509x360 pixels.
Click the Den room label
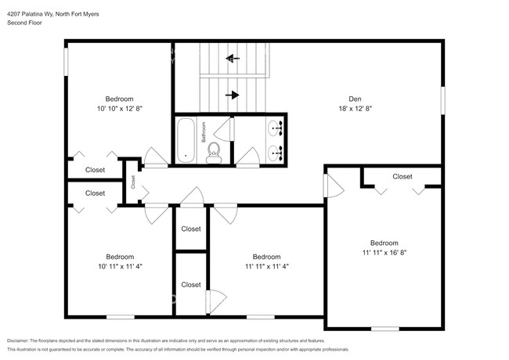point(355,99)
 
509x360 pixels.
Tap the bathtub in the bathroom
point(186,140)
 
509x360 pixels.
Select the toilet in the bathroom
point(214,153)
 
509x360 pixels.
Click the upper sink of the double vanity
point(276,128)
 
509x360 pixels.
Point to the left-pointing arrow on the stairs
point(233,59)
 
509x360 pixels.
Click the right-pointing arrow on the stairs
point(233,95)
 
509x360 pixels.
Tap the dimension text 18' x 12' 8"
point(356,109)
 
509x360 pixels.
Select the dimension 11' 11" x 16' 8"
point(384,253)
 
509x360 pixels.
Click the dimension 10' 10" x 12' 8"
point(120,109)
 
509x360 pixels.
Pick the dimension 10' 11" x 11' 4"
point(121,267)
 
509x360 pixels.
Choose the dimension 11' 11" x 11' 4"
point(267,267)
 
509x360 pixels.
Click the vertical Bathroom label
point(204,132)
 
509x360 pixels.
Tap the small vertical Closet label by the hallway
point(133,182)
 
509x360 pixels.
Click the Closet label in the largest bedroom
point(403,177)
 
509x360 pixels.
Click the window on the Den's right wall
point(442,100)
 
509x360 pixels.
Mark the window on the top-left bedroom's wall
point(67,62)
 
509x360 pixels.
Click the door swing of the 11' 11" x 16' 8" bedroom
point(334,185)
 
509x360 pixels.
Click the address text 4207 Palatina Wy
point(31,14)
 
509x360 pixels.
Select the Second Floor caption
point(24,23)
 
